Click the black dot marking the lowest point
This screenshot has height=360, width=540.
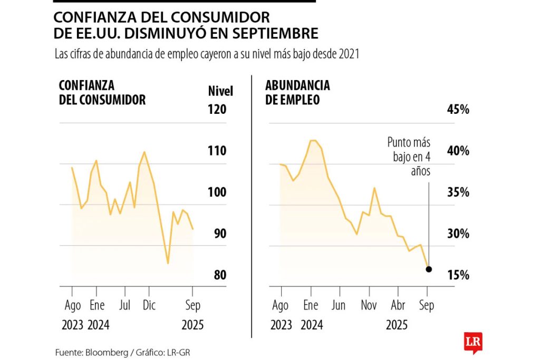pos(429,269)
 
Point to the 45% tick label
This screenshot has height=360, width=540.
pos(457,110)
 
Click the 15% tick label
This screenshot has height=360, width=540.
pos(457,275)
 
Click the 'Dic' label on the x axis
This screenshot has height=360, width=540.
pos(149,305)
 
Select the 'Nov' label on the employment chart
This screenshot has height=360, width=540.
pos(369,305)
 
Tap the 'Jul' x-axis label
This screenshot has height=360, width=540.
pos(125,305)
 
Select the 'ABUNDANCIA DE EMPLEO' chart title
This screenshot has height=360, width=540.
pos(297,92)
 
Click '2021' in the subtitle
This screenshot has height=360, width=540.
pos(349,54)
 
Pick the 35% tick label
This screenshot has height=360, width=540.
pos(457,192)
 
